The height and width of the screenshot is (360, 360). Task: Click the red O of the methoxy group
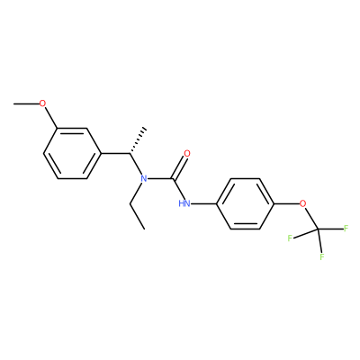[x=43, y=103]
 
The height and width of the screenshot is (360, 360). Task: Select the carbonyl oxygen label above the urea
[x=187, y=154]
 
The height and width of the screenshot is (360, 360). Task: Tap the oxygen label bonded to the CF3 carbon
[x=303, y=204]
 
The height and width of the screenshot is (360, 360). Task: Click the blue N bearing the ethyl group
[x=144, y=179]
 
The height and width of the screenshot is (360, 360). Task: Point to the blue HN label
[x=184, y=204]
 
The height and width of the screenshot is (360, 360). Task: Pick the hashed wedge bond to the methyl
[x=139, y=141]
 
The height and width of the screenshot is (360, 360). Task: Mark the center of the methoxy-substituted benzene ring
[x=72, y=154]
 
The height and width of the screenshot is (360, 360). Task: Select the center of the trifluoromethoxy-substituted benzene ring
[x=245, y=204]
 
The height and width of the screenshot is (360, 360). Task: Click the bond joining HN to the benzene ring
[x=203, y=204]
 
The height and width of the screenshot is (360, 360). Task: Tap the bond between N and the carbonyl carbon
[x=161, y=179]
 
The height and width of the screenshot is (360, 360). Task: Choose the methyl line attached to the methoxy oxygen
[x=26, y=103]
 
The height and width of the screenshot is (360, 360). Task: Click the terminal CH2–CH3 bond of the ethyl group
[x=137, y=217]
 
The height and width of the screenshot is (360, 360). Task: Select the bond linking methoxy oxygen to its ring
[x=50, y=118]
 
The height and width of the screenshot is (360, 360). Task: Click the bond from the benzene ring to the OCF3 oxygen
[x=287, y=204]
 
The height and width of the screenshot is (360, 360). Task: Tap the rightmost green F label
[x=346, y=229]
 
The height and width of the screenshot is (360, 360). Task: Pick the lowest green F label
[x=322, y=256]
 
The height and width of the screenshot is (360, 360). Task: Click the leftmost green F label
[x=290, y=238]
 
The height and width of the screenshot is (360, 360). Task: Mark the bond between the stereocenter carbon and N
[x=137, y=165]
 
